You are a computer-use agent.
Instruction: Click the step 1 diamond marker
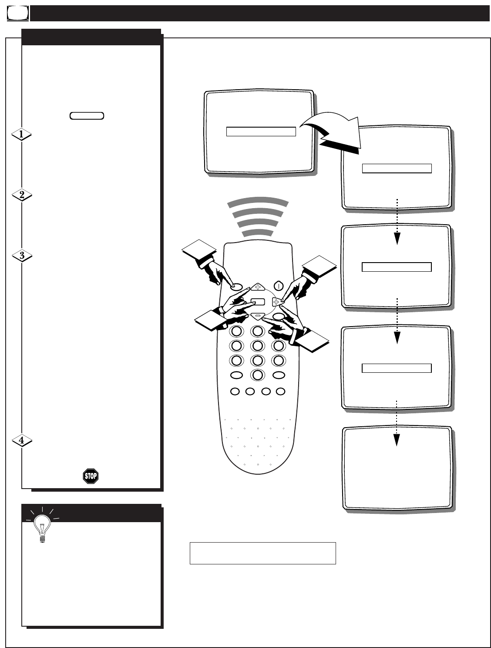21,135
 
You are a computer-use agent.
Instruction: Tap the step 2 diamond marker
21,196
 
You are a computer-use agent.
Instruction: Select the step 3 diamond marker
21,256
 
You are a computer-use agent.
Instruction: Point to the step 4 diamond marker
21,441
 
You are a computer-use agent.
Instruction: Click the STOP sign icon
91,476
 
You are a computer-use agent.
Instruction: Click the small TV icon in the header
17,14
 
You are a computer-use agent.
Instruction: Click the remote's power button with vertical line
279,287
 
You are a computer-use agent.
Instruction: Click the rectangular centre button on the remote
258,301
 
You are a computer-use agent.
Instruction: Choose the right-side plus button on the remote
276,301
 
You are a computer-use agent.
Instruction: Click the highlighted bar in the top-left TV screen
261,132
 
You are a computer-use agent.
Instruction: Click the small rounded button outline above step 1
86,116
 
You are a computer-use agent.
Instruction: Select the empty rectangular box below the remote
262,553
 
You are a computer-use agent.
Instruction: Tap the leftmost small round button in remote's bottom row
235,391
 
